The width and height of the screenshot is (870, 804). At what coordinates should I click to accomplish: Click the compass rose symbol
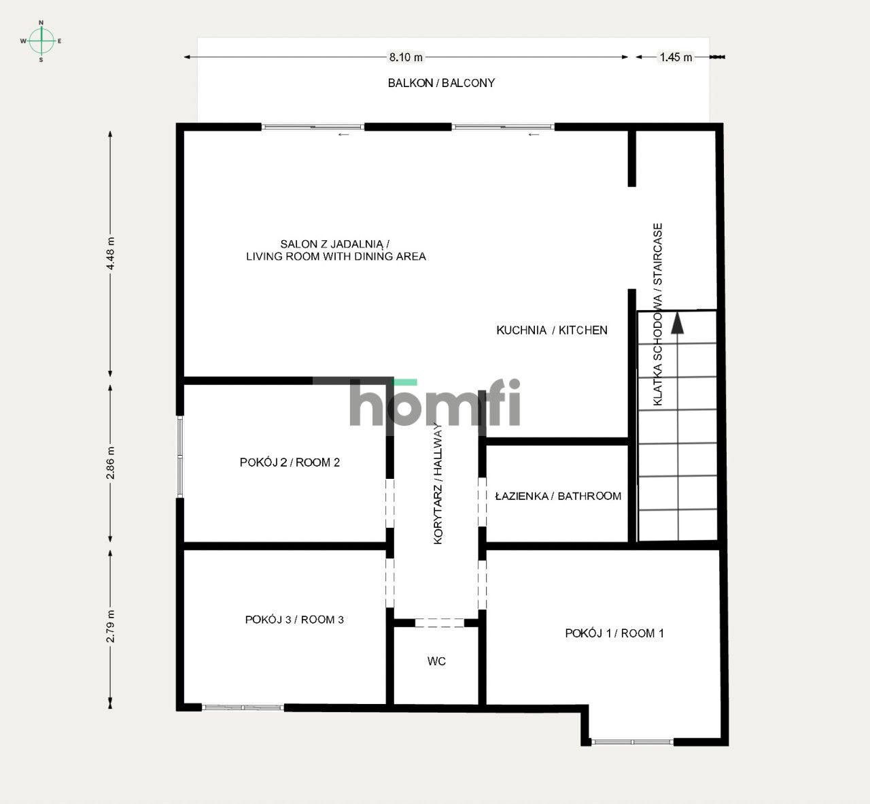tap(41, 41)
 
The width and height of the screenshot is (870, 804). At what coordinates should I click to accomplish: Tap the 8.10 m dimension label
tap(406, 57)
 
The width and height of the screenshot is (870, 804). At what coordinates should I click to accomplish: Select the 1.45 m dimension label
tap(676, 57)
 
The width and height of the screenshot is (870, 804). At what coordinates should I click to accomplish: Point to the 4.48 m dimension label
tap(111, 254)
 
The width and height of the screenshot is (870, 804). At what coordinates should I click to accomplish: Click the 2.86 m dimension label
tap(111, 463)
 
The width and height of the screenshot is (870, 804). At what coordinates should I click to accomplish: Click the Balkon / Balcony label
tap(441, 83)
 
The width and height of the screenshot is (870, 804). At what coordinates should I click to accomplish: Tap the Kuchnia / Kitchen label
tap(551, 331)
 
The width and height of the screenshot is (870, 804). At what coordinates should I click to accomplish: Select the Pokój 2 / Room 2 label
tap(290, 463)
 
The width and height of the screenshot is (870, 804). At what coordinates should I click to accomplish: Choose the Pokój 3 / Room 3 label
tap(294, 620)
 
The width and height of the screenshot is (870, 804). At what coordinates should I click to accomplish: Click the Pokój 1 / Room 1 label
tap(614, 633)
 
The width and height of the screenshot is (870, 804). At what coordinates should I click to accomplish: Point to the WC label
tap(436, 661)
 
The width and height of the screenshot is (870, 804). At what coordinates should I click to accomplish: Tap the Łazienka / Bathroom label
tap(558, 497)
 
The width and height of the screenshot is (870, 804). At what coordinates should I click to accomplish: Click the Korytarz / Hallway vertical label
tap(438, 484)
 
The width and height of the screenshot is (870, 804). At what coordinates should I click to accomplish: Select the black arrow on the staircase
tap(677, 322)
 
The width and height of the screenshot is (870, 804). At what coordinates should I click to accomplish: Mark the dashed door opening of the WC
tap(439, 622)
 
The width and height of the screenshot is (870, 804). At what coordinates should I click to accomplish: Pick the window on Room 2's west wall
tap(180, 456)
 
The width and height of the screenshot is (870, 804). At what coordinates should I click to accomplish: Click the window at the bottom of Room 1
tap(632, 741)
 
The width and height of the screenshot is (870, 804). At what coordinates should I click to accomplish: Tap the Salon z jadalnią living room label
tap(336, 250)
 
